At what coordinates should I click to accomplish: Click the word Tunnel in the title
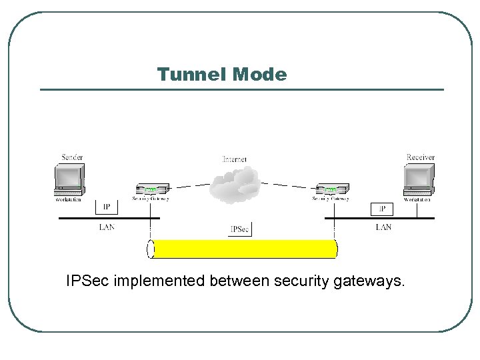pos(191,74)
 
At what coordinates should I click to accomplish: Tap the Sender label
pos(71,157)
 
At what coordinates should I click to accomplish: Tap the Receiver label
pos(420,157)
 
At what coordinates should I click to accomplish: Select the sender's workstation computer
pos(70,178)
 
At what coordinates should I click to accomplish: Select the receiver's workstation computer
pos(417,178)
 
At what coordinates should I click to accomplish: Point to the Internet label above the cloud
pos(234,159)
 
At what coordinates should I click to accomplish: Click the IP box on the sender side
pos(107,207)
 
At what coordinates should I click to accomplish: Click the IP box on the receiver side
pos(382,209)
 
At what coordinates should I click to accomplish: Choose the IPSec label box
pos(240,229)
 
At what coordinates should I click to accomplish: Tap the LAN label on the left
pos(107,227)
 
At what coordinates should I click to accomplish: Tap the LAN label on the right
pos(383,227)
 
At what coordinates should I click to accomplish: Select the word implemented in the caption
pos(161,282)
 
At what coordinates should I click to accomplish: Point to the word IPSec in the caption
pos(89,282)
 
